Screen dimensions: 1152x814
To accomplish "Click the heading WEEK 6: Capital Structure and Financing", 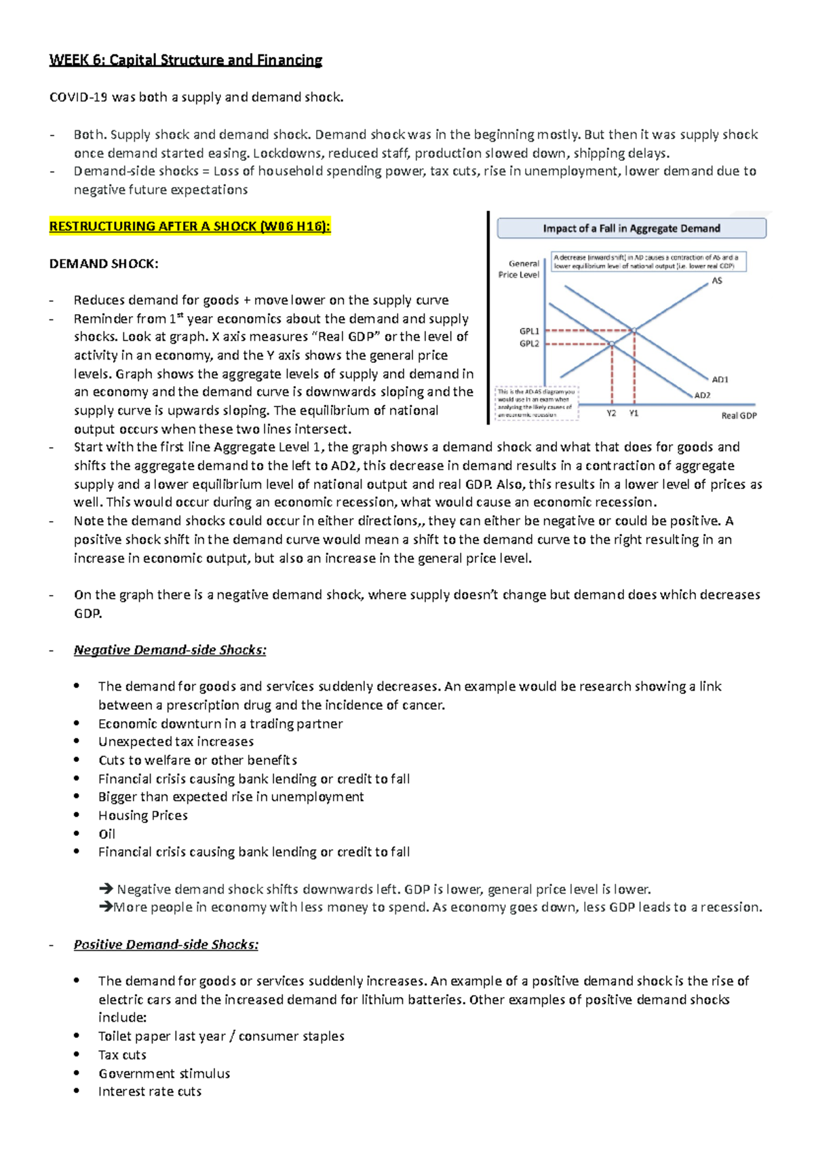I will [185, 60].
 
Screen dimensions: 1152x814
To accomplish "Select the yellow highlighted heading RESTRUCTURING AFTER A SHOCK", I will [189, 227].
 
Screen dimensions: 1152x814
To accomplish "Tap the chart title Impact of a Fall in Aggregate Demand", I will [631, 229].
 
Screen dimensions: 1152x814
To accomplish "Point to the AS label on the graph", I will [717, 281].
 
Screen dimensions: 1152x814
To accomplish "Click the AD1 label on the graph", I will [720, 379].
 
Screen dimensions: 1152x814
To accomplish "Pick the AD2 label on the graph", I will [702, 396].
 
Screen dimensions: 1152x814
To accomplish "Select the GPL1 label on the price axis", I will [529, 331].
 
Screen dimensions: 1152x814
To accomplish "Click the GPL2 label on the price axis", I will [529, 344].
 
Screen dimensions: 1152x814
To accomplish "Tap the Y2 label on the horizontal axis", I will [611, 413].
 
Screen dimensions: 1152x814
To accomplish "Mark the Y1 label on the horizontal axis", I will [634, 413].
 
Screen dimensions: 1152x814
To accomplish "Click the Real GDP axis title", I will [739, 416].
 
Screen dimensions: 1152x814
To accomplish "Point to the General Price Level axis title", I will [519, 269].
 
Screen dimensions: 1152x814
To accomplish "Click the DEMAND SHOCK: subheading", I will [104, 264].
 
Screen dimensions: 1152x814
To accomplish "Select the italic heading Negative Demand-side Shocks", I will [170, 650].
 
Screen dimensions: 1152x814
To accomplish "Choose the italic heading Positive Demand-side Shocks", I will [166, 944].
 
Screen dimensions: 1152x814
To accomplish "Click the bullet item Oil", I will [106, 834].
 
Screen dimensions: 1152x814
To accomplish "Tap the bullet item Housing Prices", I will [142, 815].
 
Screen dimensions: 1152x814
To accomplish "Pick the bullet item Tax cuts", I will [122, 1055].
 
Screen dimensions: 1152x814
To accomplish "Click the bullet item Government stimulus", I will [164, 1073].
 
